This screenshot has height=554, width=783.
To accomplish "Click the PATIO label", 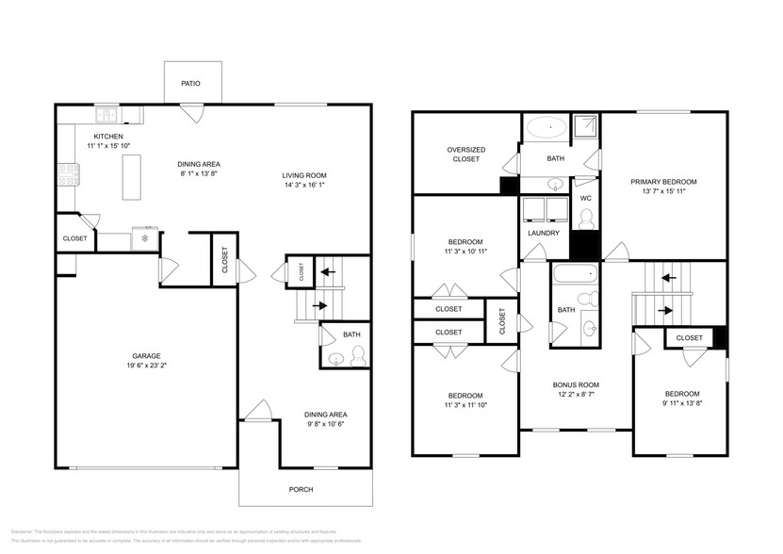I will click(191, 84).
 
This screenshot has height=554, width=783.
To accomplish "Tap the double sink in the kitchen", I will click(106, 116).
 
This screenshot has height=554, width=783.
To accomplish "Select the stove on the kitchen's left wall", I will click(67, 174).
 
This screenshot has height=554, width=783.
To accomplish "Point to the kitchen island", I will click(131, 174).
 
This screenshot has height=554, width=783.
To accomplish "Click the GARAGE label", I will click(146, 355).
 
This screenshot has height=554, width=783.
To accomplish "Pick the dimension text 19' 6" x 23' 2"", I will click(146, 366).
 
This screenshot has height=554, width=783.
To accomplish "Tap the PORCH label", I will click(302, 489).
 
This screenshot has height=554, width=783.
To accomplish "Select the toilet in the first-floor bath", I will click(357, 356).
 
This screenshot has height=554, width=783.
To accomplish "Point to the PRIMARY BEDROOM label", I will click(663, 181).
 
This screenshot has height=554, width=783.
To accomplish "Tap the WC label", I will click(585, 198).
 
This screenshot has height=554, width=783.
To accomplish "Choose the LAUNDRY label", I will click(544, 233).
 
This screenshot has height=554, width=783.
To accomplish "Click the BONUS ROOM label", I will click(575, 384).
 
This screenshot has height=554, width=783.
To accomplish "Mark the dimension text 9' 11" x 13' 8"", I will click(682, 404).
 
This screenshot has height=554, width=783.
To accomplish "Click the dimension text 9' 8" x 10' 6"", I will click(325, 425).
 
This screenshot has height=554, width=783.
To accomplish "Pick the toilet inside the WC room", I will click(585, 219).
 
